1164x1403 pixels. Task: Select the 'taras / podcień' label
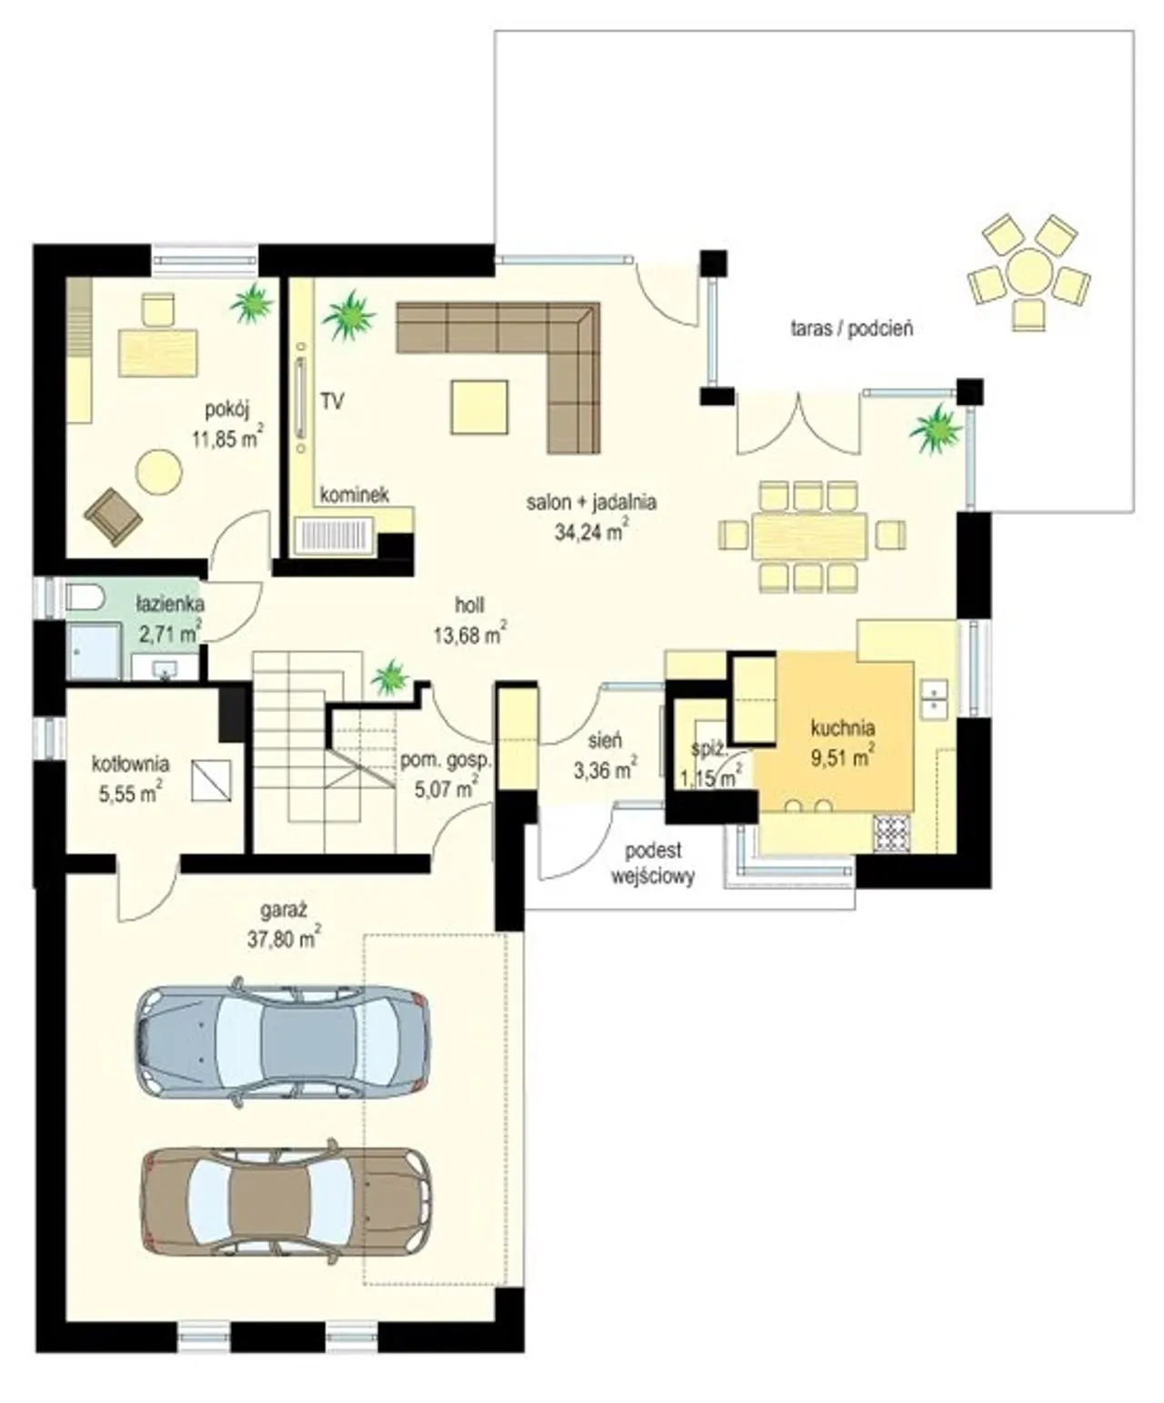[x=851, y=330]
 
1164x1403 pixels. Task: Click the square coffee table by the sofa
[x=479, y=407]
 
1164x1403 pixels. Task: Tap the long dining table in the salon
[x=810, y=536]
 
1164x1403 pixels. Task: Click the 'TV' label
[x=332, y=402]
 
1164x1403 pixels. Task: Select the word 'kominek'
[x=354, y=496]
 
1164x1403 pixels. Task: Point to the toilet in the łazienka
[x=84, y=596]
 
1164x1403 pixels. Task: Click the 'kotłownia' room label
[x=130, y=764]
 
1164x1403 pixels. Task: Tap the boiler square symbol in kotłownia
[x=212, y=780]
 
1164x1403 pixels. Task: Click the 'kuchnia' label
[x=843, y=727]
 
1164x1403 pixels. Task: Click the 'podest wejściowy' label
[x=653, y=864]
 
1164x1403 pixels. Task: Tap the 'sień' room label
[x=605, y=740]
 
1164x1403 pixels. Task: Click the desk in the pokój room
[x=158, y=352]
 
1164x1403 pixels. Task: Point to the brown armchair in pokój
[x=114, y=516]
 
